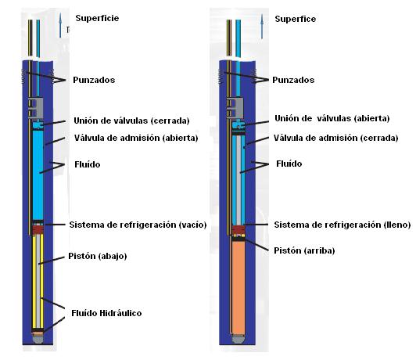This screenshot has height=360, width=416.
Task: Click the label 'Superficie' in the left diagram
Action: pyautogui.click(x=97, y=18)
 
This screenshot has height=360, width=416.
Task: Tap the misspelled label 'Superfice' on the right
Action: pyautogui.click(x=296, y=19)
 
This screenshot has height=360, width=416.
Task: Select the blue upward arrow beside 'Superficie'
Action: pyautogui.click(x=60, y=25)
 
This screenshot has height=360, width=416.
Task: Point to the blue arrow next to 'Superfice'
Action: pyautogui.click(x=262, y=26)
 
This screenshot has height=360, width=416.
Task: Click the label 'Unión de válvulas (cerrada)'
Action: pyautogui.click(x=131, y=121)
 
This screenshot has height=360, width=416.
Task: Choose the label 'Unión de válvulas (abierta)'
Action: pyautogui.click(x=332, y=118)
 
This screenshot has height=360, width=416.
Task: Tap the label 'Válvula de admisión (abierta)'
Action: pyautogui.click(x=136, y=138)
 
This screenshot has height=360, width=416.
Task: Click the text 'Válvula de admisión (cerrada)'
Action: pyautogui.click(x=336, y=138)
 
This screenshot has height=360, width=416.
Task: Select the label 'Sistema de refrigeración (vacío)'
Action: pyautogui.click(x=138, y=225)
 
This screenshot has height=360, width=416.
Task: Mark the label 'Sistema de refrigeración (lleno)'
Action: pyautogui.click(x=342, y=225)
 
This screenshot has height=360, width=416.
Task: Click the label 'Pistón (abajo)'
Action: pyautogui.click(x=98, y=256)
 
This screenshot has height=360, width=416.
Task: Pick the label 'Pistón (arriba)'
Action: pyautogui.click(x=304, y=250)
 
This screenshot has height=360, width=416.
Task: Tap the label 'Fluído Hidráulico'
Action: pyautogui.click(x=106, y=313)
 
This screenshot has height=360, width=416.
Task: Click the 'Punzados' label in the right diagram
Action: pyautogui.click(x=293, y=80)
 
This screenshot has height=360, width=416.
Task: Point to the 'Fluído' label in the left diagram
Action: pyautogui.click(x=88, y=164)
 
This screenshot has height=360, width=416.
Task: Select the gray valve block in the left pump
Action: pyautogui.click(x=35, y=107)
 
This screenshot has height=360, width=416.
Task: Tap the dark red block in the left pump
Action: pyautogui.click(x=38, y=229)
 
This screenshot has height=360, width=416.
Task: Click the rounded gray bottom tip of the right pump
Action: pyautogui.click(x=238, y=339)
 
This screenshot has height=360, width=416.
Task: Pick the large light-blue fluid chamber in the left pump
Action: pyautogui.click(x=38, y=175)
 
